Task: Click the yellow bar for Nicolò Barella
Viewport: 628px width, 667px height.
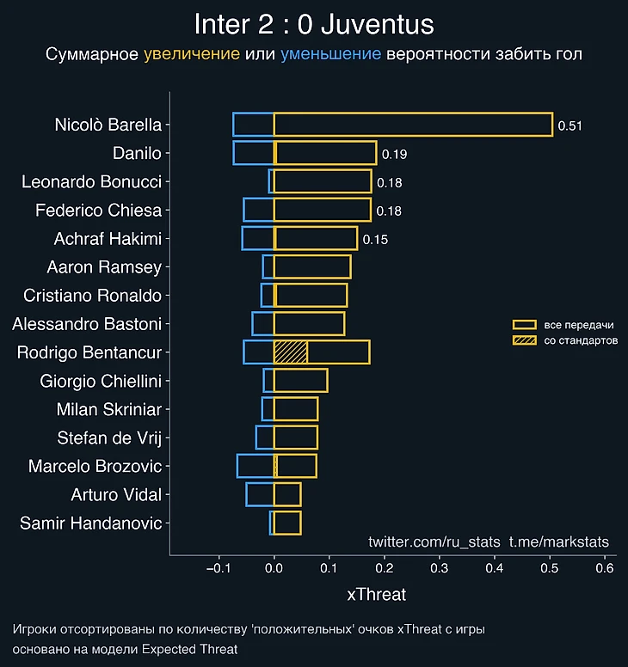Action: pos(413,125)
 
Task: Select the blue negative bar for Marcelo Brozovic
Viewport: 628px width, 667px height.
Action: pos(255,466)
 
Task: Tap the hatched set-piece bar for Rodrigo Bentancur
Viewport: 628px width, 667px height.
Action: pos(291,352)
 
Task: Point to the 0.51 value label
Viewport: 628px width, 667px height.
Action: pos(570,125)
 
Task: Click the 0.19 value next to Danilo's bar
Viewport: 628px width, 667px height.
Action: pos(394,155)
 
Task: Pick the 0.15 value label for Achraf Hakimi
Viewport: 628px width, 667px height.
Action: pos(375,239)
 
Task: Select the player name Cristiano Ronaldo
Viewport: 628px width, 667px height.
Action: pos(93,296)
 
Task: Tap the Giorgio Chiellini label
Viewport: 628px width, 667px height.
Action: pos(101,381)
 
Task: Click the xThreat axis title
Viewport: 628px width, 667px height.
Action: pos(376,594)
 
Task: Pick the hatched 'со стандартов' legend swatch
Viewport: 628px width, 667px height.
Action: pos(524,341)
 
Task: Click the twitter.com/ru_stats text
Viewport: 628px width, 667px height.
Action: pos(434,542)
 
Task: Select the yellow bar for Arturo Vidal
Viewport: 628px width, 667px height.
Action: pos(287,494)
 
